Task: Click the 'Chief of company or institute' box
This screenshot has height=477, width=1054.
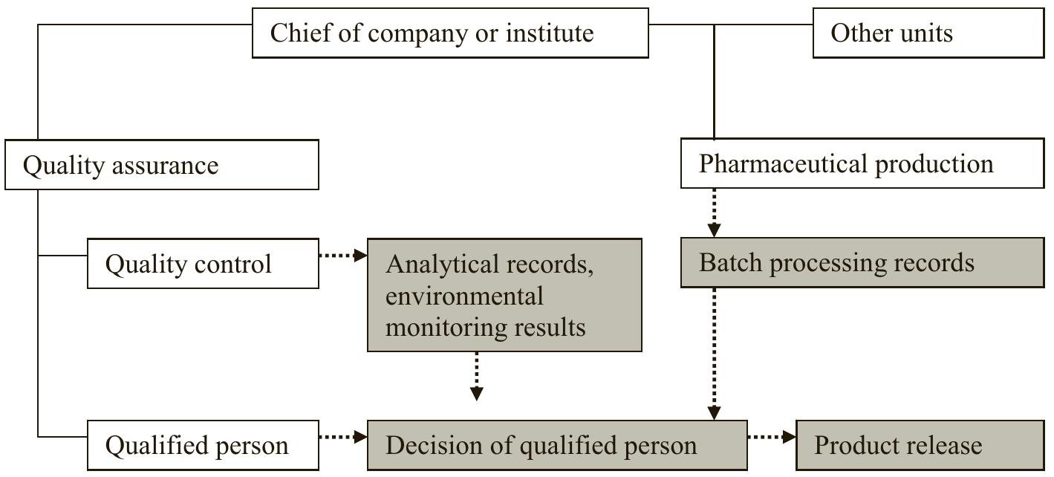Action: pos(450,33)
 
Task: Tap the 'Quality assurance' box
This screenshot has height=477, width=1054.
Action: pos(162,164)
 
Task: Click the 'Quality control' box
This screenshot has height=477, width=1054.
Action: pos(203,263)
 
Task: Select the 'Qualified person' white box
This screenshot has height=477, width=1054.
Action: pos(203,445)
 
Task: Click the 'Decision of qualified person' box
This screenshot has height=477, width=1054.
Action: pos(557,445)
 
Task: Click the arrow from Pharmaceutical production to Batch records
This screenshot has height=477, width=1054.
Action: pos(714,213)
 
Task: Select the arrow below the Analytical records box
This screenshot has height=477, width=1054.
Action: pos(477,377)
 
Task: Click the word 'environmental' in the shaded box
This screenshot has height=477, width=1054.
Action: pos(464,296)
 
